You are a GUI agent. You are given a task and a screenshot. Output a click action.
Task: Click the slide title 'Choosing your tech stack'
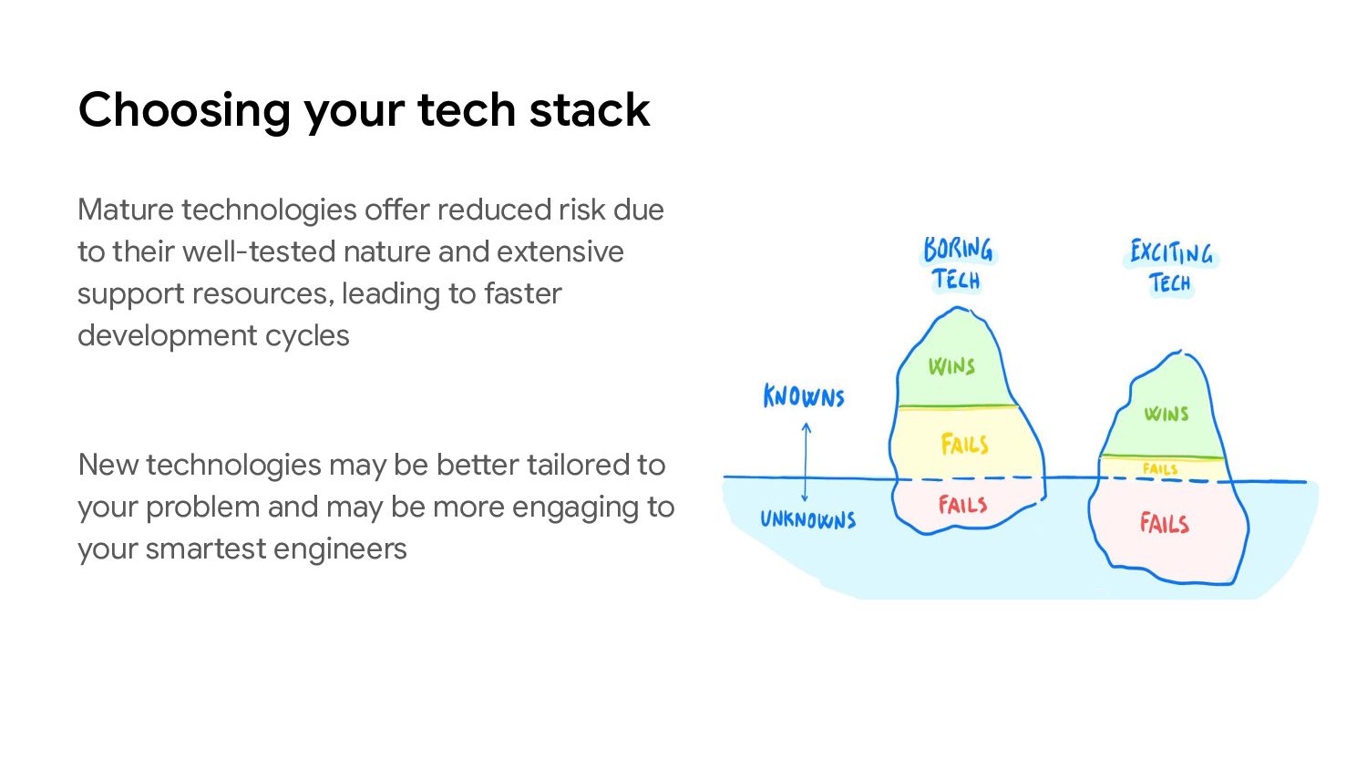[364, 110]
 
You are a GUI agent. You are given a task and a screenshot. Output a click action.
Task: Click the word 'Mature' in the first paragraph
[126, 210]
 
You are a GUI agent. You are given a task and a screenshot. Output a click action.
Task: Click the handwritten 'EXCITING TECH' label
[1171, 267]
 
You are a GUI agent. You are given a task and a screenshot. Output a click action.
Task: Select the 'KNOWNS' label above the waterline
[804, 397]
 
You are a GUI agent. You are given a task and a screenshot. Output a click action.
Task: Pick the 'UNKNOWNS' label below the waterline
[808, 520]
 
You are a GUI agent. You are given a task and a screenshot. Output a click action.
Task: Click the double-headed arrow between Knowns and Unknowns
[806, 461]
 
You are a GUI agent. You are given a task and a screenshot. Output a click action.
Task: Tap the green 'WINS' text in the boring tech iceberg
[951, 366]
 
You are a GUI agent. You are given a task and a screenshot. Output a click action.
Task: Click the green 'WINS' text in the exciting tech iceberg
[1167, 414]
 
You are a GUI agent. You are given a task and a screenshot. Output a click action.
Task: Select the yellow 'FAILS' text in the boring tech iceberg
[964, 445]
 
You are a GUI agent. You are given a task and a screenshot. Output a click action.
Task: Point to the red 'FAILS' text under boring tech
[962, 505]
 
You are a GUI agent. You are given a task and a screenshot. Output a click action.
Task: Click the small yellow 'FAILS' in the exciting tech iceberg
[1160, 469]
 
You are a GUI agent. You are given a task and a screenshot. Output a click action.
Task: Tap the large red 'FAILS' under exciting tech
[1164, 523]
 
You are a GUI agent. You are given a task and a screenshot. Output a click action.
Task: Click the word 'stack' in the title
[589, 110]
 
